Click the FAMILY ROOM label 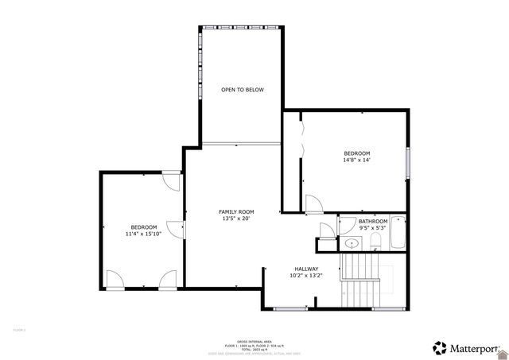coord(237,211)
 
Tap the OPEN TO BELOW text coord(242,90)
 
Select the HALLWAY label coord(306,269)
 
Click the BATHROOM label coord(372,221)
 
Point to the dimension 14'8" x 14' coord(356,160)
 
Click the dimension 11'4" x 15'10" coord(144,234)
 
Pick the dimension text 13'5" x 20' coord(237,219)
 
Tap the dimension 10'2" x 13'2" coord(306,276)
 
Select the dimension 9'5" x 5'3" coord(372,228)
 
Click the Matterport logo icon coord(439,347)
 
